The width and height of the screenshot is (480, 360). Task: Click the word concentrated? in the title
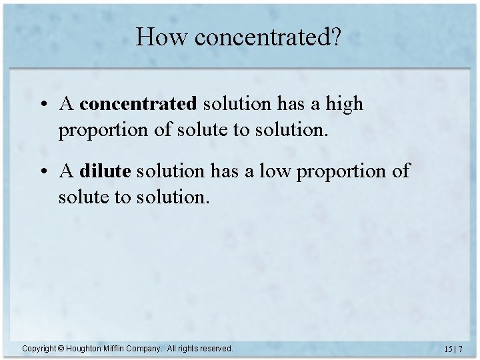pos(267,37)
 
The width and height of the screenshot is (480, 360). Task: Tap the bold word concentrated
pos(138,105)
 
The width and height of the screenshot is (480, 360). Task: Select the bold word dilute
pos(105,172)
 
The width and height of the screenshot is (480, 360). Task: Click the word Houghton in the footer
pos(85,349)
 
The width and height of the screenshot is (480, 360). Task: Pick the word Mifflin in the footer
pos(117,349)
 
